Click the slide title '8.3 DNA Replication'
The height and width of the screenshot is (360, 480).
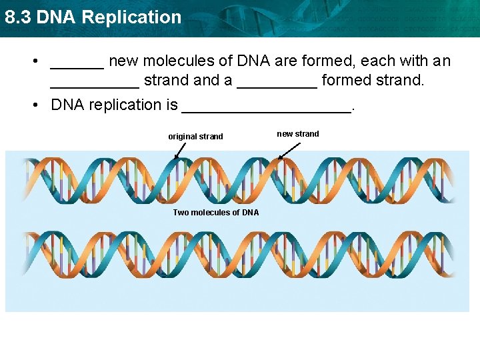pos(93,17)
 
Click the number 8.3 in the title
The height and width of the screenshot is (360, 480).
pos(18,17)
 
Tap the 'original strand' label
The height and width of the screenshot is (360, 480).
pos(195,137)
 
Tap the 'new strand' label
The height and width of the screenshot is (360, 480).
pos(298,134)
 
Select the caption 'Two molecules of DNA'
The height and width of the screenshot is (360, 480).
pos(216,213)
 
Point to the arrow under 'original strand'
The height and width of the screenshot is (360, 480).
pos(180,151)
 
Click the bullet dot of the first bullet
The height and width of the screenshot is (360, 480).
pos(33,62)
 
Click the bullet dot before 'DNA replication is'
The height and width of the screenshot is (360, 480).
pos(33,105)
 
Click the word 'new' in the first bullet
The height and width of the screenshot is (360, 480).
pos(123,61)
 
